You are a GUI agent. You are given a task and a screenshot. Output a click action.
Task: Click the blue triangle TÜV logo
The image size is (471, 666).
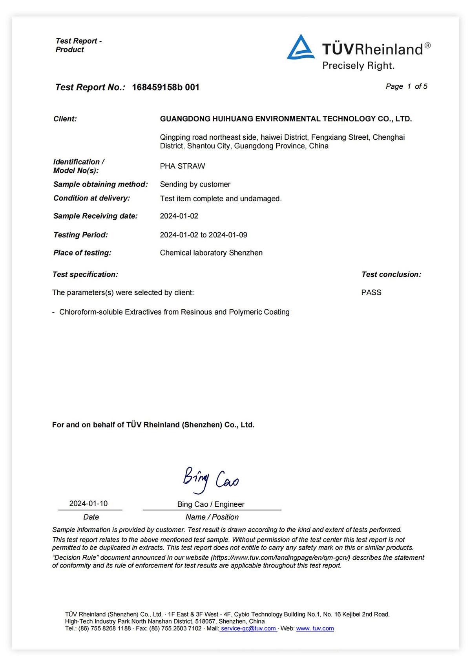pyautogui.click(x=301, y=48)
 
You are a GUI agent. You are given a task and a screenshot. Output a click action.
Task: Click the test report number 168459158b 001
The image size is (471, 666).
pyautogui.click(x=165, y=87)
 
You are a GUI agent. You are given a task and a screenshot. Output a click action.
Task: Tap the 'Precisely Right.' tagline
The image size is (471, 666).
pyautogui.click(x=358, y=66)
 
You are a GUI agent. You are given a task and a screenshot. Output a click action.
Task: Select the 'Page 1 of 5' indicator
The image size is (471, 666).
pyautogui.click(x=406, y=86)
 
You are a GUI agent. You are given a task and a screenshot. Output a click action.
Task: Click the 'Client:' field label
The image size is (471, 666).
pyautogui.click(x=65, y=119)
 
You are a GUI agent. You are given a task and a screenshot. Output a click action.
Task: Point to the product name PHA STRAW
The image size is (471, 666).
pyautogui.click(x=182, y=166)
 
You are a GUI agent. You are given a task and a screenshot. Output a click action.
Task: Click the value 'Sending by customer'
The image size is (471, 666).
pyautogui.click(x=195, y=184)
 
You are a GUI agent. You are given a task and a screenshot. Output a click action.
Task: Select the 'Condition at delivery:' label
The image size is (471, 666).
pyautogui.click(x=91, y=198)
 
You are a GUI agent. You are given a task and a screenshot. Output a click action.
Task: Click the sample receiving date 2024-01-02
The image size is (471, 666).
pyautogui.click(x=179, y=216)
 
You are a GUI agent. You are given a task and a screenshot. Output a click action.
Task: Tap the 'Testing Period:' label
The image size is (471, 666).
pyautogui.click(x=80, y=235)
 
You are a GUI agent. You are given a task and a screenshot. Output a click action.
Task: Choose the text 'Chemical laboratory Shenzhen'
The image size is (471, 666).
pyautogui.click(x=211, y=253)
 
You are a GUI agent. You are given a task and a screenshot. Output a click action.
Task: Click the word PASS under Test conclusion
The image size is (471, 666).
pyautogui.click(x=371, y=292)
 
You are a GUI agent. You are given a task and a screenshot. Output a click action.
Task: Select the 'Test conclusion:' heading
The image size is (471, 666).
pyautogui.click(x=391, y=274)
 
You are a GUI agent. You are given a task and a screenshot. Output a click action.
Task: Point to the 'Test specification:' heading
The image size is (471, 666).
pyautogui.click(x=85, y=274)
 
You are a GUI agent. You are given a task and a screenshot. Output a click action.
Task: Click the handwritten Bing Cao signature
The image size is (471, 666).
pyautogui.click(x=211, y=480)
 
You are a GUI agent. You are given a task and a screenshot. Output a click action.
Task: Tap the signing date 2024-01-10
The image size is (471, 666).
pyautogui.click(x=88, y=504)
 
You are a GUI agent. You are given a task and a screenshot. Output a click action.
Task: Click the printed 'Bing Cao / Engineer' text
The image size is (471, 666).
pyautogui.click(x=211, y=504)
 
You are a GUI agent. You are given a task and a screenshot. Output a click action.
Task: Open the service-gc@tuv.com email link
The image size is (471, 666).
pyautogui.click(x=248, y=628)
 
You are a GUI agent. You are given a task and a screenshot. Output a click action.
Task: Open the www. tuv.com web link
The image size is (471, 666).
pyautogui.click(x=315, y=628)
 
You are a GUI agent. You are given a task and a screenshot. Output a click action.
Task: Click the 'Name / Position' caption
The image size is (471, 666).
pyautogui.click(x=212, y=517)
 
